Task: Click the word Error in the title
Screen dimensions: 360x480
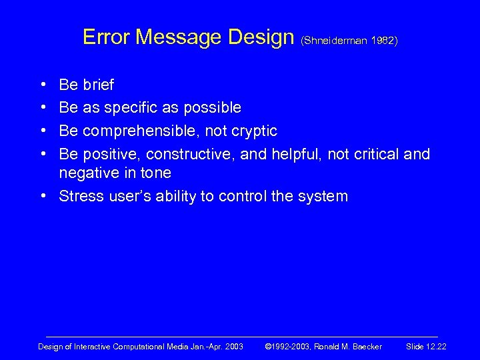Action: point(106,37)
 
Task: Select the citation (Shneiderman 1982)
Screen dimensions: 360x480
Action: point(349,41)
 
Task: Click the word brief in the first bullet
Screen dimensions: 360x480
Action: point(98,85)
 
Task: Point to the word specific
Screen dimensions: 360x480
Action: point(132,107)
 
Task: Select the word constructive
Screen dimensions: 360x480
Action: point(203,155)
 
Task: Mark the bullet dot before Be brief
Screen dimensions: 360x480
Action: point(43,85)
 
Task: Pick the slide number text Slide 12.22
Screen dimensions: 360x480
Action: point(426,347)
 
